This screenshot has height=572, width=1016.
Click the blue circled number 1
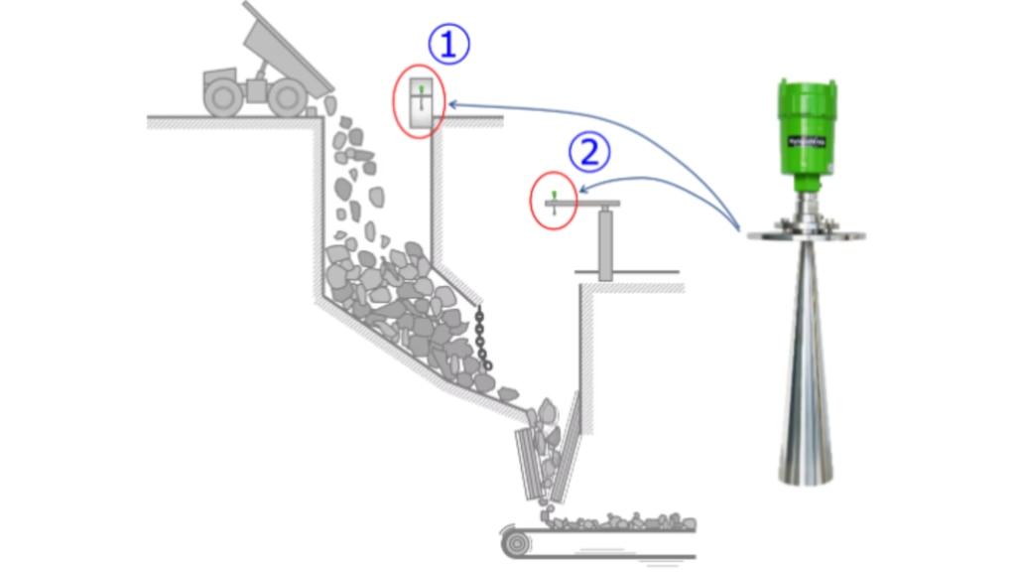pos(448,44)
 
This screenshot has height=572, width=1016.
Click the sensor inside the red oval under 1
pos(421,102)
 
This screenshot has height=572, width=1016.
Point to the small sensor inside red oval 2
pos(554,202)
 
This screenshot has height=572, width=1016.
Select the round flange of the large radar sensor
pos(805,233)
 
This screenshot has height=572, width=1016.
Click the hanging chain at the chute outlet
pos(481,338)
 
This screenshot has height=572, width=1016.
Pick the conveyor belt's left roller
pos(516,543)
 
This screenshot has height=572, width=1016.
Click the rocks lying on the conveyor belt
pos(615,521)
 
